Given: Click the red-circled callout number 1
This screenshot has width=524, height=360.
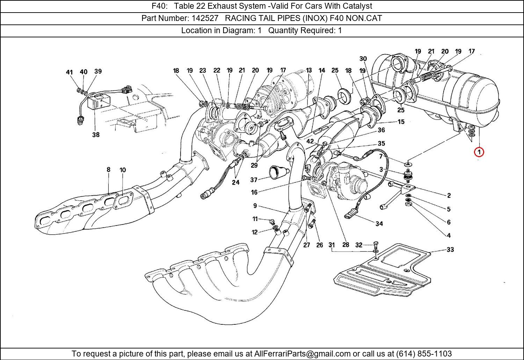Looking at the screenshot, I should pyautogui.click(x=479, y=152).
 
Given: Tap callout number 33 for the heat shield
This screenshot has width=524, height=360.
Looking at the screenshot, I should pyautogui.click(x=450, y=250).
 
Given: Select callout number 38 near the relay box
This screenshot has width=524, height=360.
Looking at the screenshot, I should pyautogui.click(x=96, y=134).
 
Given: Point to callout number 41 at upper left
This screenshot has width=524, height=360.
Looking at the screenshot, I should pyautogui.click(x=69, y=72).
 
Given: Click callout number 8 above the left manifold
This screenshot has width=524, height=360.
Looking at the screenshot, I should pyautogui.click(x=109, y=170).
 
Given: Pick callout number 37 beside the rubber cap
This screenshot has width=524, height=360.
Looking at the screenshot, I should pyautogui.click(x=254, y=180).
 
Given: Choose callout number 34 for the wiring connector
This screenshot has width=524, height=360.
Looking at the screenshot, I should pyautogui.click(x=379, y=223).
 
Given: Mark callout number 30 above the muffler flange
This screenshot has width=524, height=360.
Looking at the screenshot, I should pyautogui.click(x=363, y=59).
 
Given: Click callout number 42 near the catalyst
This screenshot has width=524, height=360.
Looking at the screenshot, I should pyautogui.click(x=310, y=141).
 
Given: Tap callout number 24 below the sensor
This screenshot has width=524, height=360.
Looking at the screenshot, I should pyautogui.click(x=236, y=182).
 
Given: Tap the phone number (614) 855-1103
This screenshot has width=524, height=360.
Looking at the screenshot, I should pyautogui.click(x=424, y=354).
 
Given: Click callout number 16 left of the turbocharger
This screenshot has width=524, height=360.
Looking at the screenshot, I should pyautogui.click(x=254, y=192).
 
